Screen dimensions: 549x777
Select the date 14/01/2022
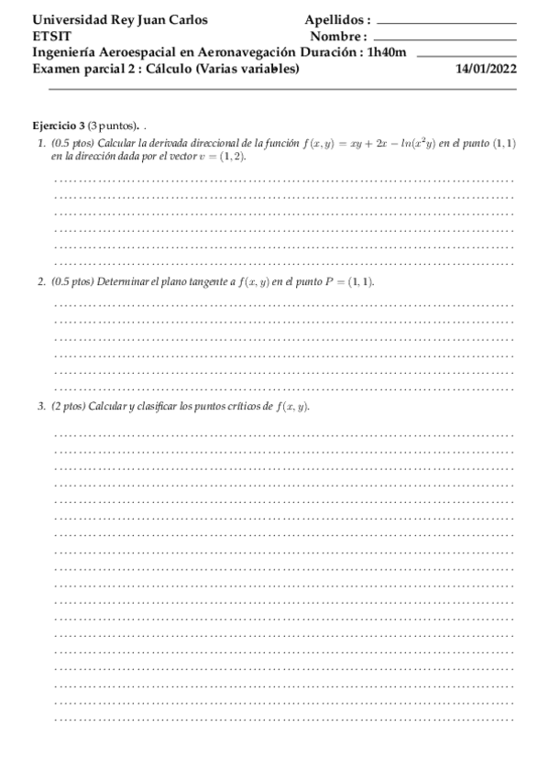[487, 69]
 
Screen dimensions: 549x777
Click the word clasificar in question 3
[159, 407]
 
